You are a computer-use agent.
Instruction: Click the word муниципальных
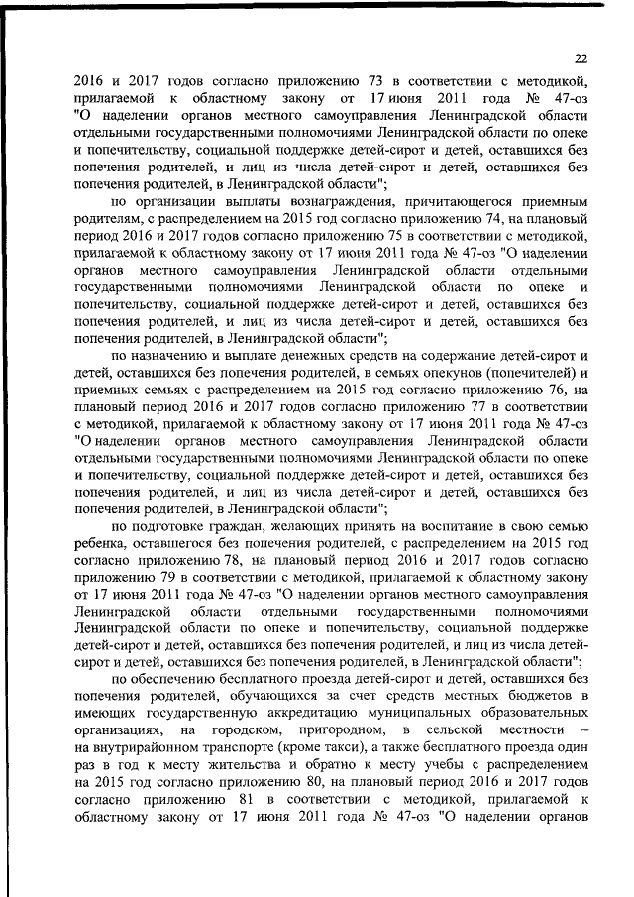(423, 715)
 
